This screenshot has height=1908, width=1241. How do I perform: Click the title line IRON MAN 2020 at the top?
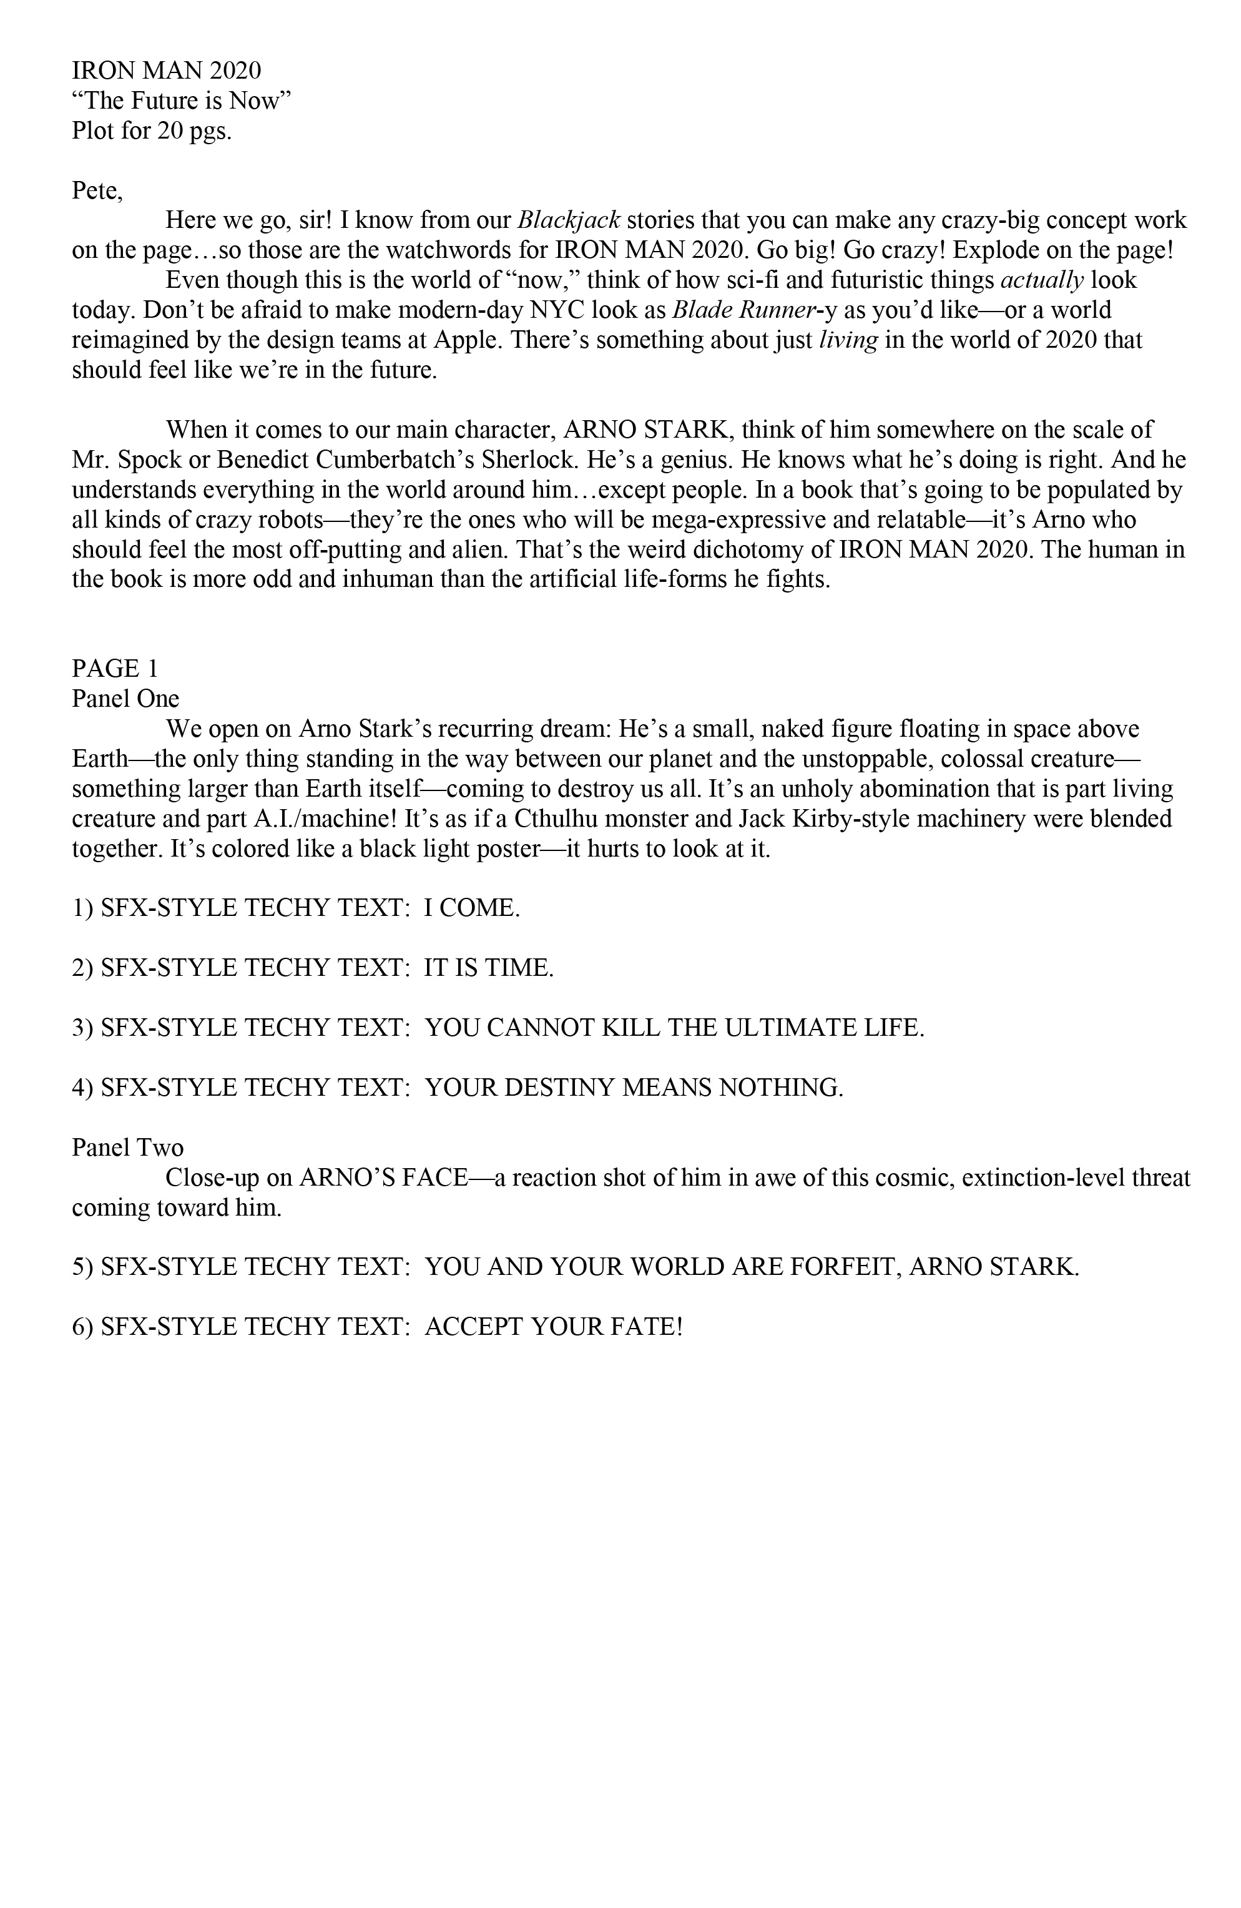166,71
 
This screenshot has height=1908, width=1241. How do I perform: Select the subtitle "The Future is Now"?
181,101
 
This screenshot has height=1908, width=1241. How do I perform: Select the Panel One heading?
125,698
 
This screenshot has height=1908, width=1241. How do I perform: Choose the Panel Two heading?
127,1147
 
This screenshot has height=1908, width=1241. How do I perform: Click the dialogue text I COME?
471,908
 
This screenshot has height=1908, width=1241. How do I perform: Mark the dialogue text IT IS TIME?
488,968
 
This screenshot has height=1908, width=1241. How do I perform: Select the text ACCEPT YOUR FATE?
552,1327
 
